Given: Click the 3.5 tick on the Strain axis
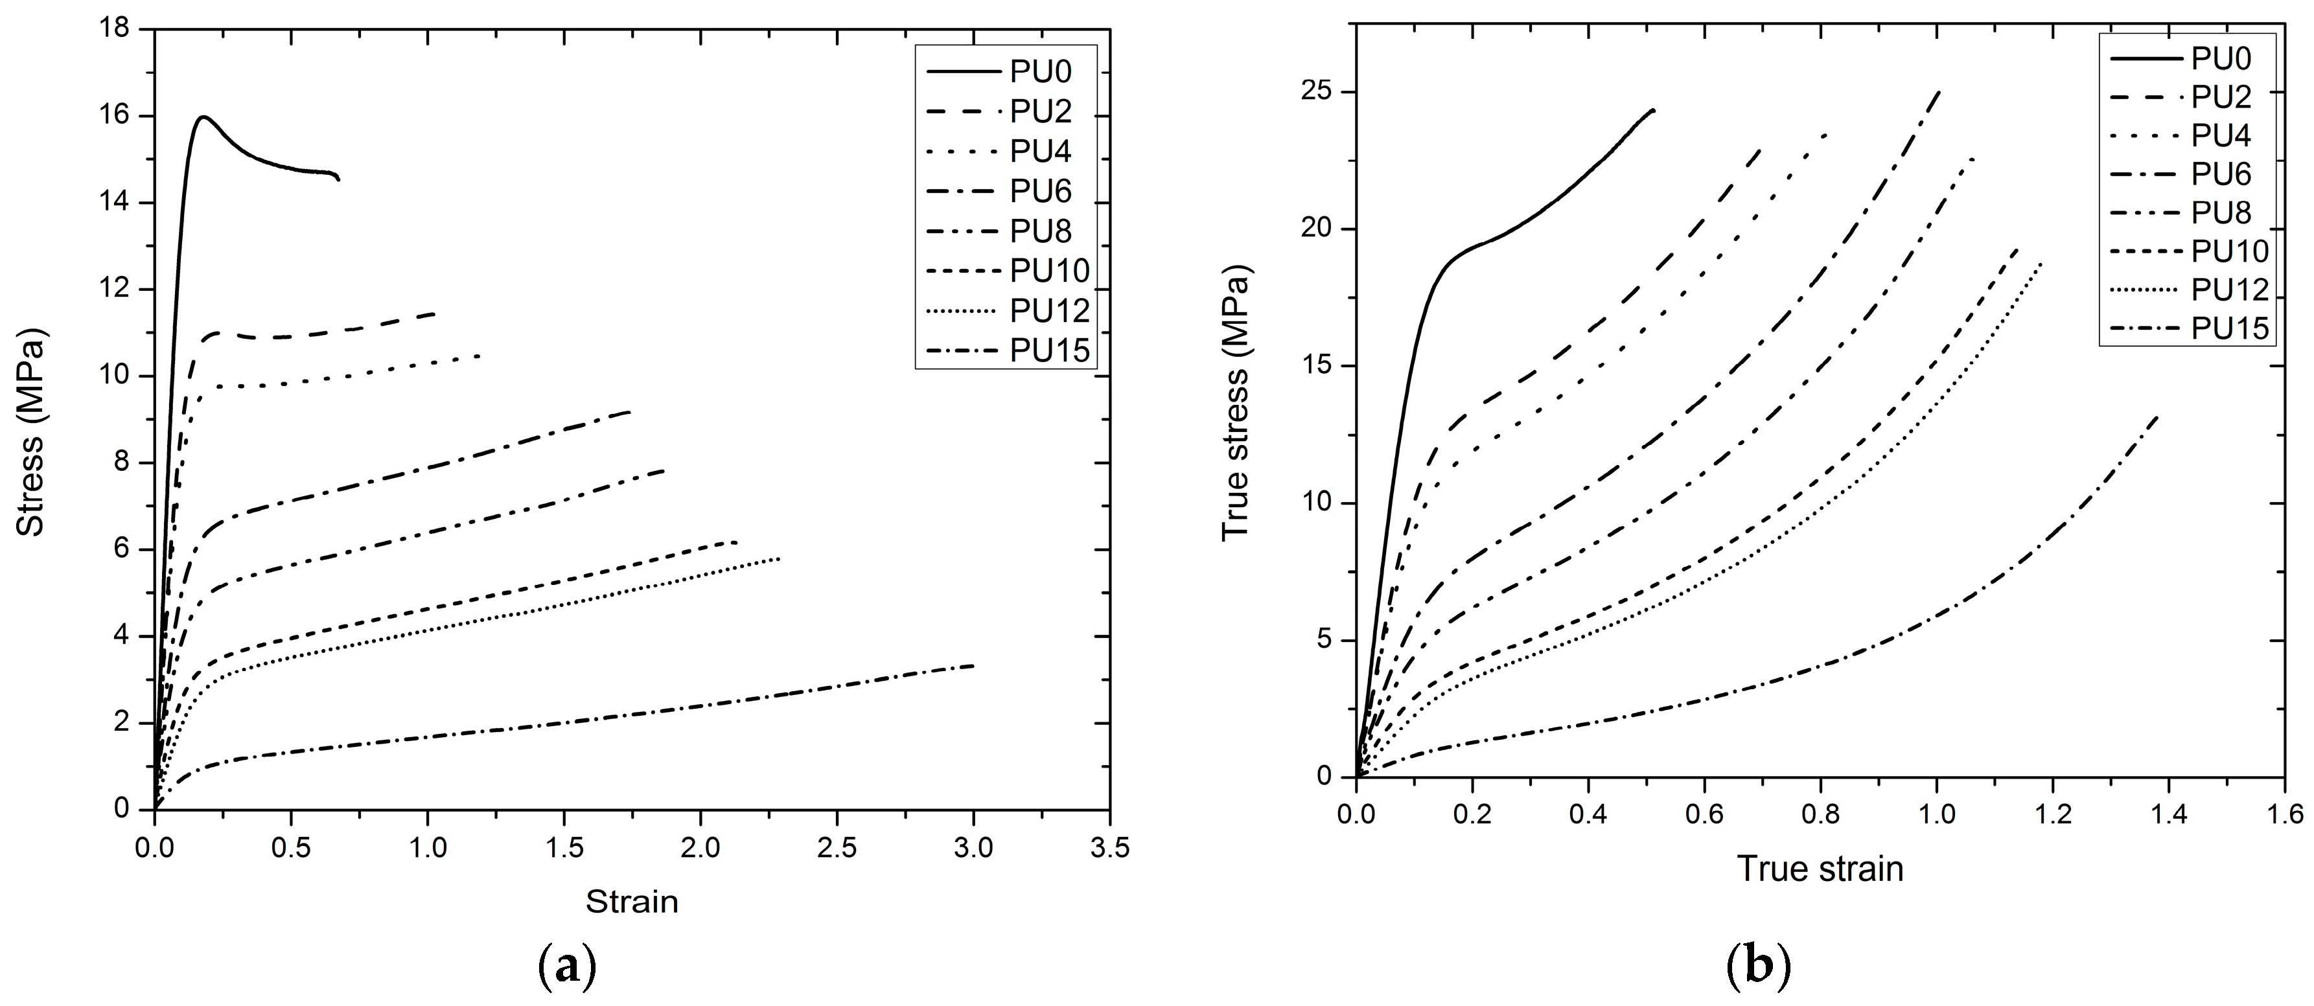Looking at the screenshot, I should pyautogui.click(x=1109, y=847).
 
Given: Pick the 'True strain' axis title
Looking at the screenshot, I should pyautogui.click(x=1820, y=869).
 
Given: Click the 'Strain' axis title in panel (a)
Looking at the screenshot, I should pyautogui.click(x=632, y=901).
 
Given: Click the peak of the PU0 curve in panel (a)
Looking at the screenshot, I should pyautogui.click(x=204, y=116).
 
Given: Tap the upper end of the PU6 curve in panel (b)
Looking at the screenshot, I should pyautogui.click(x=1938, y=91).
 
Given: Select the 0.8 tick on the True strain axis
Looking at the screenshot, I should pyautogui.click(x=1821, y=815).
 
